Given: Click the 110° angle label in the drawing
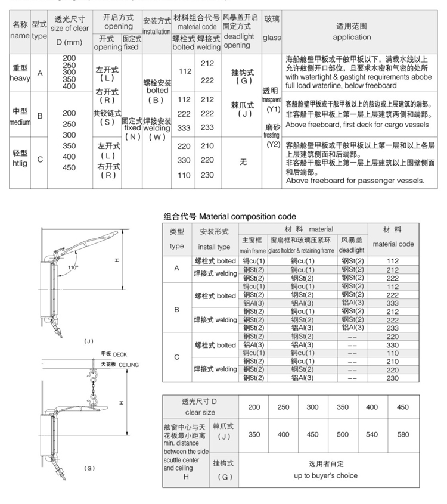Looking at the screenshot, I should (x=73, y=268).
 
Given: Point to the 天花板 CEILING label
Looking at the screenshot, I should (x=119, y=364).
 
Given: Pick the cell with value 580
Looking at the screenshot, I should (x=403, y=434).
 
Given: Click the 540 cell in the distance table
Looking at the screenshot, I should (x=372, y=434).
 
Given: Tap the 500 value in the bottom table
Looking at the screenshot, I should (x=342, y=434).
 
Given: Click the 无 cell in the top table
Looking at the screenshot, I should (x=243, y=161).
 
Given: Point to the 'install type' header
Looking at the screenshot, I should (x=214, y=245).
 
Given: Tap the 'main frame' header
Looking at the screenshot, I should (x=252, y=250).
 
